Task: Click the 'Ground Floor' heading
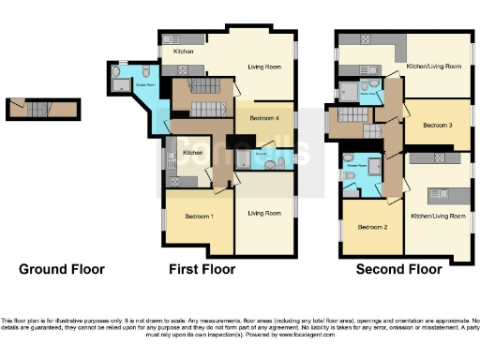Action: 62,269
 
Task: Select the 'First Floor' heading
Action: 202,269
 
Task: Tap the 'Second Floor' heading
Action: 398,269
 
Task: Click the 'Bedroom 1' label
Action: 199,217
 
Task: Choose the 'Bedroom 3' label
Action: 437,125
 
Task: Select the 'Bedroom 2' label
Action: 372,227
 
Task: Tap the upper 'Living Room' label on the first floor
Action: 265,67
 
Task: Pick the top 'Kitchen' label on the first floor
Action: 183,52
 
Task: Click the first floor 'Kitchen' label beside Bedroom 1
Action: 193,153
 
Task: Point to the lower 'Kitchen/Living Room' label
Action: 438,216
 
